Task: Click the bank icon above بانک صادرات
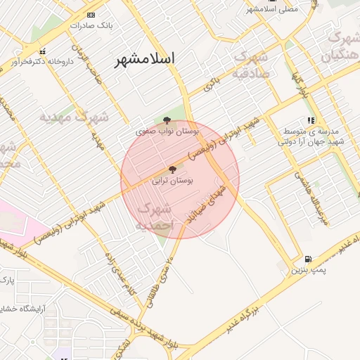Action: tap(90, 15)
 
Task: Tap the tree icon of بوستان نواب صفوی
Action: tap(167, 121)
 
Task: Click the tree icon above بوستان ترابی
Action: tap(173, 169)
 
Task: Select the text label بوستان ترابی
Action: tap(173, 180)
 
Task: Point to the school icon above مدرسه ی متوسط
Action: tap(311, 121)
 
